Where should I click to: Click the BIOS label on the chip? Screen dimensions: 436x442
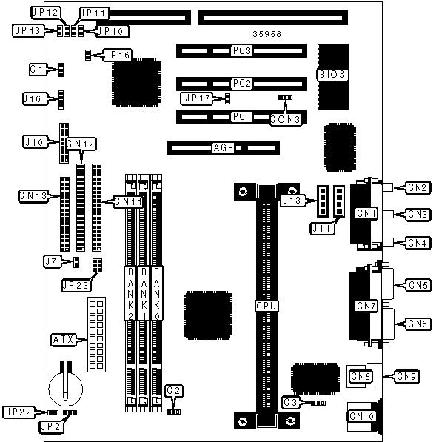332,75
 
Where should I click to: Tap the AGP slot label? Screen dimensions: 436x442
224,148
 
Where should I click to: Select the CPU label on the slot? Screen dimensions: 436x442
266,306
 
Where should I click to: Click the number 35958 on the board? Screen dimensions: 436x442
267,34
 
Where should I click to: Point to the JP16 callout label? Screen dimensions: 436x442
117,55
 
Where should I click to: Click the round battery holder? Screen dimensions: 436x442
66,389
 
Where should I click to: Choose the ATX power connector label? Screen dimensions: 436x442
63,340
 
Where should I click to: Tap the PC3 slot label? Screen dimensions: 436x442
242,51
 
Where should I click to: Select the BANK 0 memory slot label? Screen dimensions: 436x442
157,294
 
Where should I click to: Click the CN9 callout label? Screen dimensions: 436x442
406,376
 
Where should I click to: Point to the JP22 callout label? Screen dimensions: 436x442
19,412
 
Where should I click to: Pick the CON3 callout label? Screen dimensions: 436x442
285,119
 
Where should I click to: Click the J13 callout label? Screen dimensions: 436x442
292,201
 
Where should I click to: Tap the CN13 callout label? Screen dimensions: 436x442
33,195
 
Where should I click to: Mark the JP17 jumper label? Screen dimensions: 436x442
198,98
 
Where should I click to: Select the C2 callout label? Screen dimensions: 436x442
173,391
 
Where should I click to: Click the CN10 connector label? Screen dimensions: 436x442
361,416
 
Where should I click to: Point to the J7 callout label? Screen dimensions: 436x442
51,262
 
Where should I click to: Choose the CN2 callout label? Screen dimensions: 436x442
417,187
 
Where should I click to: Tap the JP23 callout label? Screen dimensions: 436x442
76,285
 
